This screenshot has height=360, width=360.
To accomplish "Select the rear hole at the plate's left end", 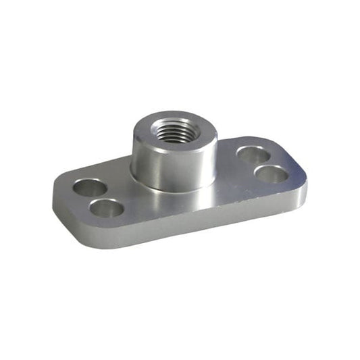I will tap(90, 187).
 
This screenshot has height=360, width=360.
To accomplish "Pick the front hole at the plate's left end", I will tap(107, 207).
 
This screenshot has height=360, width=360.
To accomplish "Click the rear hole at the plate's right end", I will tap(253, 155).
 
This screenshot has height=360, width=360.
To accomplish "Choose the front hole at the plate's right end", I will tap(272, 173).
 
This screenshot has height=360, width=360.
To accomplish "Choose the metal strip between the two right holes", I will tap(263, 163).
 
